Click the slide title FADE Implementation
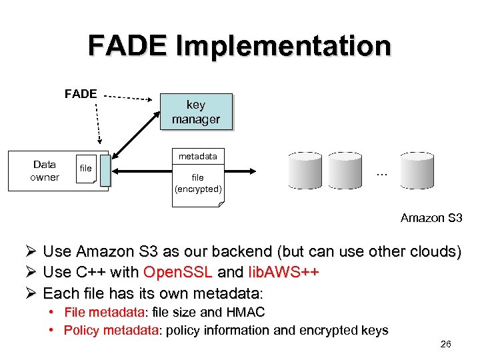point(239,46)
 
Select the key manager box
point(196,112)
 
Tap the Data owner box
point(45,171)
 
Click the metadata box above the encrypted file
point(197,156)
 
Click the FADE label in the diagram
point(81,94)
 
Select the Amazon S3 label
point(431,217)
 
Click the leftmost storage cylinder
point(309,171)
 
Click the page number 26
point(445,344)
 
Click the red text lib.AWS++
point(283,273)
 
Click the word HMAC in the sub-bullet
point(246,312)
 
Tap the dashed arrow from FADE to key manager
point(129,97)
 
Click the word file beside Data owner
point(85,169)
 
